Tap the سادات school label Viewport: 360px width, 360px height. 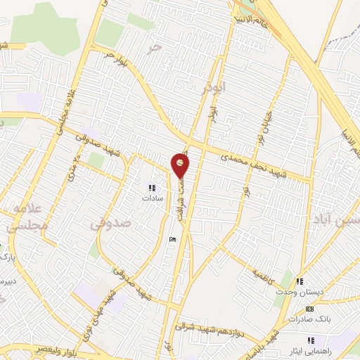[152, 198]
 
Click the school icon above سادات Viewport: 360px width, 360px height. [151, 187]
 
